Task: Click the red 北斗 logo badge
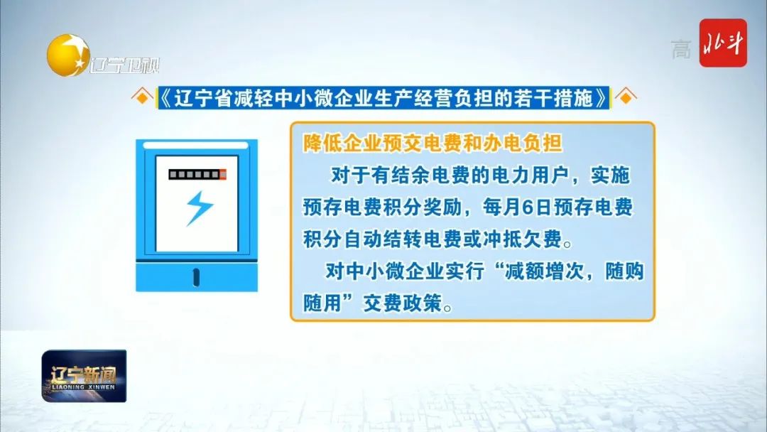point(722,43)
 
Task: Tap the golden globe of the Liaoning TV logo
point(68,55)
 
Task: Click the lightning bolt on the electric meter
point(200,208)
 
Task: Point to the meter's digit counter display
point(197,174)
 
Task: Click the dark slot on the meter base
point(196,277)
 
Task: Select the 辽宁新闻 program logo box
point(84,376)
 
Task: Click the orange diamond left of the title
point(142,97)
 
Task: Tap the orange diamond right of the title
point(626,97)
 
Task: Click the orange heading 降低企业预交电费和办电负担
point(433,144)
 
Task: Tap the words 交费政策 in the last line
point(402,303)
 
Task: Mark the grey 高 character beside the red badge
point(681,50)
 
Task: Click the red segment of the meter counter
point(223,174)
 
